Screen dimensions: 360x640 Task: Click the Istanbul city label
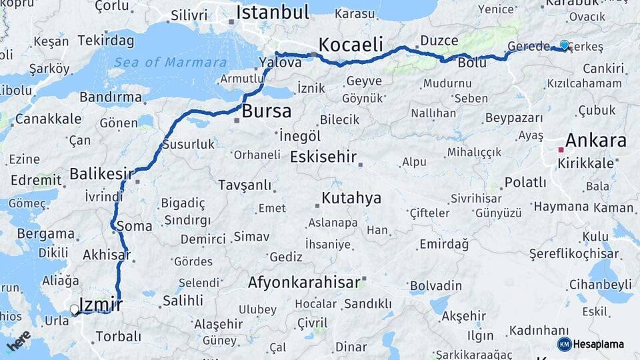click(x=273, y=12)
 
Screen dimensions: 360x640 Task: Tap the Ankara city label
click(x=595, y=141)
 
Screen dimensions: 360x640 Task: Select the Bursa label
click(x=266, y=111)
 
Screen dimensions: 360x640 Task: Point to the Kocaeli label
click(x=351, y=45)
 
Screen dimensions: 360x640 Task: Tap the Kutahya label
click(x=351, y=198)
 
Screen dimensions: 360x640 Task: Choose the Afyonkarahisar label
click(x=304, y=282)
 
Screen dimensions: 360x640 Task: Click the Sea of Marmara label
click(x=170, y=63)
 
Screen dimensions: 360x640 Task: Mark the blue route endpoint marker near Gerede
click(x=565, y=45)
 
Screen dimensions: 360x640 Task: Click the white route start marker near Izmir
click(x=75, y=309)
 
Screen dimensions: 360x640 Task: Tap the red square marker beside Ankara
click(x=561, y=150)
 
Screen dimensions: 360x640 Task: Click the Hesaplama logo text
click(x=599, y=344)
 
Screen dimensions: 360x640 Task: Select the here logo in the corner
click(x=19, y=341)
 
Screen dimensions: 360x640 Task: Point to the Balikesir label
click(x=101, y=174)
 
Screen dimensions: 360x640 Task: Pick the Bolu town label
click(x=472, y=63)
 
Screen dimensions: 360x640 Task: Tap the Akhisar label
click(x=106, y=255)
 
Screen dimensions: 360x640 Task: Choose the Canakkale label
click(x=48, y=119)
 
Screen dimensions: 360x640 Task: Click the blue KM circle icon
click(x=564, y=344)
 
